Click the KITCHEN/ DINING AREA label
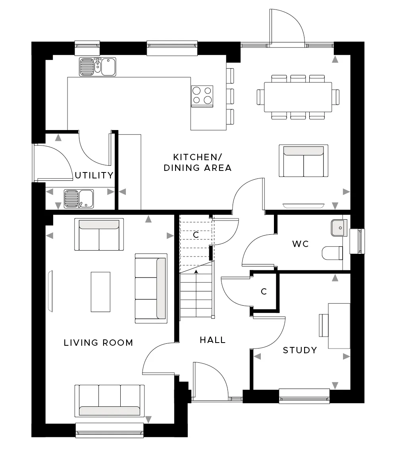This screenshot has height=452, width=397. (x=197, y=162)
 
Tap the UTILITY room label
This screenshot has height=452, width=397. (x=94, y=175)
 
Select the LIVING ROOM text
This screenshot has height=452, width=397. (x=98, y=343)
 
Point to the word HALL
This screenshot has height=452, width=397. (x=212, y=340)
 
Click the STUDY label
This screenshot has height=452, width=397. (x=300, y=350)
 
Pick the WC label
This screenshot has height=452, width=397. (x=300, y=244)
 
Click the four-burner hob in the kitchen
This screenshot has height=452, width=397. (x=202, y=96)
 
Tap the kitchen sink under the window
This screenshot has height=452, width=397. (x=98, y=67)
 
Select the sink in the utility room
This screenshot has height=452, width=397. (x=79, y=199)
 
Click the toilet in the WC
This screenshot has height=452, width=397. (x=332, y=253)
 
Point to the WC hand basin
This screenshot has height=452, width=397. (x=339, y=228)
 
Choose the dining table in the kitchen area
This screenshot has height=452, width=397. (x=298, y=97)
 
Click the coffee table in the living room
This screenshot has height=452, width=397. (x=100, y=292)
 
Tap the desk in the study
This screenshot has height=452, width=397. (x=339, y=326)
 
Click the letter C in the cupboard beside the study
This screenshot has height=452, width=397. (x=264, y=291)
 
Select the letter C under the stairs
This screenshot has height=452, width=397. (x=196, y=235)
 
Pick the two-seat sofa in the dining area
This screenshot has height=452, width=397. (x=303, y=161)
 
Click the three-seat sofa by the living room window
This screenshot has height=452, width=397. (x=110, y=401)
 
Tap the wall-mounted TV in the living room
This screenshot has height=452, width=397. (x=51, y=291)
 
